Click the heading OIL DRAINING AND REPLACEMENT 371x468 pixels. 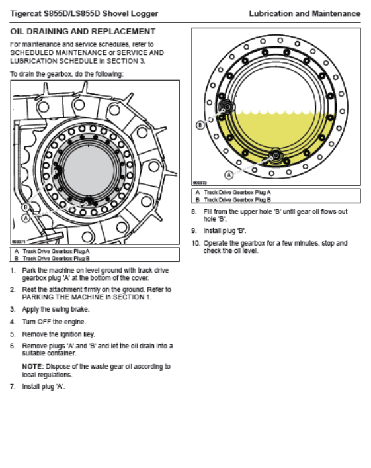tap(83, 32)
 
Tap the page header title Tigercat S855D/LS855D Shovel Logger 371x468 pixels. tap(84, 13)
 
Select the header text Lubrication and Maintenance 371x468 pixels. tap(304, 13)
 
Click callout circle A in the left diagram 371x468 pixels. tap(26, 218)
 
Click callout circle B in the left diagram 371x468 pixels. tap(26, 207)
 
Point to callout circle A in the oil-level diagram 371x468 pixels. tap(229, 175)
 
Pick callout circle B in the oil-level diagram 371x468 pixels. tap(200, 124)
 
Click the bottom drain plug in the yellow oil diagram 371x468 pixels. tap(276, 156)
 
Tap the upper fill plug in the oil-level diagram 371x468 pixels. tap(227, 107)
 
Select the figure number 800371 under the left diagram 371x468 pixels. tap(19, 241)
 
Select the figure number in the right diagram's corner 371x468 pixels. tap(200, 182)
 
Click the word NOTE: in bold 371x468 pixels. tap(33, 367)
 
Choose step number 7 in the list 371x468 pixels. tap(13, 387)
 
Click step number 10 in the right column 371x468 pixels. tap(196, 243)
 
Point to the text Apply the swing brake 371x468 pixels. tap(56, 310)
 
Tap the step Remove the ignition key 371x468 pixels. tap(58, 334)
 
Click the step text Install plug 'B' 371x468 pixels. tap(225, 231)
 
